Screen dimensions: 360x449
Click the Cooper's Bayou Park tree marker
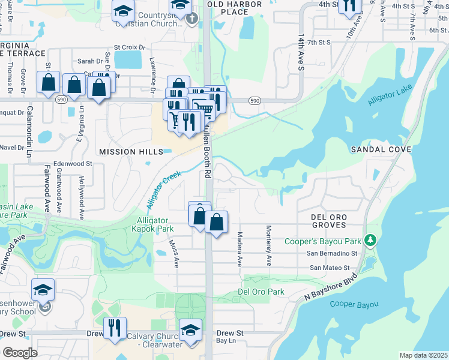pyautogui.click(x=371, y=241)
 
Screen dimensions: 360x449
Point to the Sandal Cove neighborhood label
pyautogui.click(x=381, y=149)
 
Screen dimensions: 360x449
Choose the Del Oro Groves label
pyautogui.click(x=328, y=220)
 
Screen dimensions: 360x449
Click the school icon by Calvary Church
pyautogui.click(x=191, y=331)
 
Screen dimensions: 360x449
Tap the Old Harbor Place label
pyautogui.click(x=228, y=8)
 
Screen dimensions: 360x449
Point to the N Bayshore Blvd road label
pyautogui.click(x=331, y=286)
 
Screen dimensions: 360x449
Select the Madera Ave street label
pyautogui.click(x=239, y=249)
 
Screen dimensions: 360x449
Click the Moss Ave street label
pyautogui.click(x=176, y=255)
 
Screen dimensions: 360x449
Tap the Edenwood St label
pyautogui.click(x=72, y=163)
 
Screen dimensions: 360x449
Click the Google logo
pyautogui.click(x=20, y=353)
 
